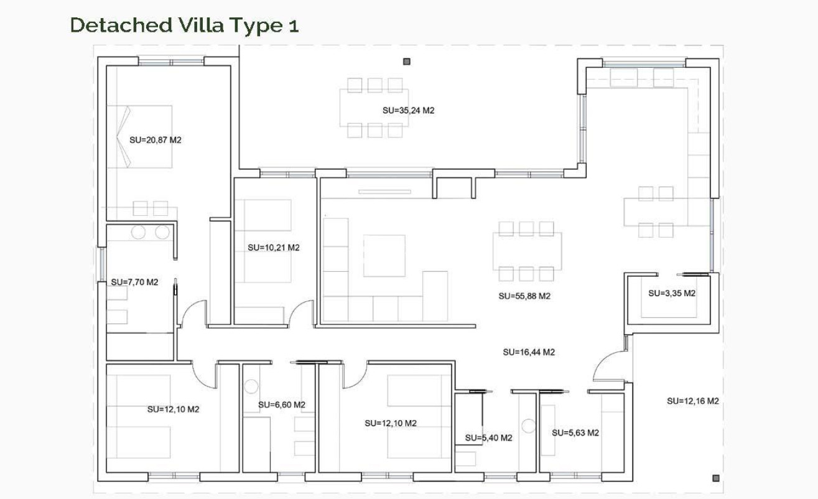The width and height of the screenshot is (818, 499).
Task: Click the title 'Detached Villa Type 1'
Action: tap(184, 26)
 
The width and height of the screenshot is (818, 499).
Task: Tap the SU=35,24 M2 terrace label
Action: tap(408, 110)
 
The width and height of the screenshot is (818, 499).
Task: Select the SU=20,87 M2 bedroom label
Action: tap(156, 140)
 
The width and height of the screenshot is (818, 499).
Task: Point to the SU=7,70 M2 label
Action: tap(135, 282)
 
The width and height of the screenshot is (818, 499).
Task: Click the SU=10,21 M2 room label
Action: tap(274, 247)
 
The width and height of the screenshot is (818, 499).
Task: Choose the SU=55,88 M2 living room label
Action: tap(524, 296)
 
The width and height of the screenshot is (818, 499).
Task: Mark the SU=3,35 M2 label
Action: tap(672, 293)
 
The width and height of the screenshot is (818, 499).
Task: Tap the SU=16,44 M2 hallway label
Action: tap(529, 352)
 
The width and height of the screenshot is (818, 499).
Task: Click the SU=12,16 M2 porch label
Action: tap(693, 401)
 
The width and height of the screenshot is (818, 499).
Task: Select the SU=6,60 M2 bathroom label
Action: tap(282, 405)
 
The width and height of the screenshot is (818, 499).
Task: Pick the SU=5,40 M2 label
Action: tap(489, 438)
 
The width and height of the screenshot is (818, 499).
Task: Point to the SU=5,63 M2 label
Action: tap(575, 433)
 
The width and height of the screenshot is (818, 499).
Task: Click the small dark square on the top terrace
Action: tap(407, 62)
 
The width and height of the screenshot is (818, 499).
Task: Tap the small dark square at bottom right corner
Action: tap(715, 478)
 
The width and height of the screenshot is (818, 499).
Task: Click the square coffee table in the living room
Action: tap(384, 256)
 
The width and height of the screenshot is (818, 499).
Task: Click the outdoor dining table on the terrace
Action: tap(374, 108)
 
